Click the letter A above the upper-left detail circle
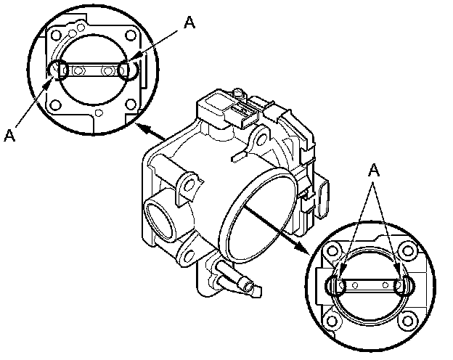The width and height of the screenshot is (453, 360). tap(189, 22)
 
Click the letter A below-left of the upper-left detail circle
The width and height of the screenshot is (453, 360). tap(9, 135)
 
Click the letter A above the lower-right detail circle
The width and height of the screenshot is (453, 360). tap(374, 170)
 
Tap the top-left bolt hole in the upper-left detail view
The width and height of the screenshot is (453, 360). tap(55, 36)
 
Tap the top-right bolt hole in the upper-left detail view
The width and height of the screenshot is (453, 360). tap(131, 36)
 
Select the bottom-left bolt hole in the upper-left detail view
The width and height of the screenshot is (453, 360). tap(56, 105)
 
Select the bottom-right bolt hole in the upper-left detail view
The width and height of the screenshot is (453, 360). tap(131, 104)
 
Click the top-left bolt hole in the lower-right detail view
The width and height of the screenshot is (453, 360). tap(332, 251)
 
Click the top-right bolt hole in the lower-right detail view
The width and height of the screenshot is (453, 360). tap(407, 250)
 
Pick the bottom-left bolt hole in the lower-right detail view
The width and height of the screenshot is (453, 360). tap(332, 322)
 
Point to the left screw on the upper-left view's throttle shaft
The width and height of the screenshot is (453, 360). tap(78, 70)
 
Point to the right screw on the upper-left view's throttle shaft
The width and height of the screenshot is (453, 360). tap(107, 70)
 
